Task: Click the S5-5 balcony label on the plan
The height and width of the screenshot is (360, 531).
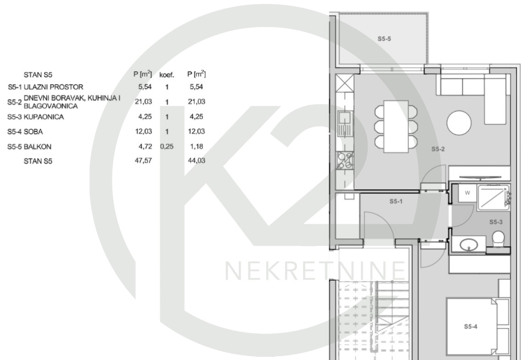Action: [384, 39]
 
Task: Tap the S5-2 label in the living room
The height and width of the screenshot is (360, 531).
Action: [438, 149]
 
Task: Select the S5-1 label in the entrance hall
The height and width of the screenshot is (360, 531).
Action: [396, 201]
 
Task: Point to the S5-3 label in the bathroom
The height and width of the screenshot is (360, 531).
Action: [496, 222]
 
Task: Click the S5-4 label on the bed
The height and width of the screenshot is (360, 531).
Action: [470, 327]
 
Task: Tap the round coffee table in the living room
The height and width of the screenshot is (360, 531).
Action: [459, 123]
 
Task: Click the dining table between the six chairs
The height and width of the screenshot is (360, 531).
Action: [396, 126]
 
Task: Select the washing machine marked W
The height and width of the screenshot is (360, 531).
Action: [467, 193]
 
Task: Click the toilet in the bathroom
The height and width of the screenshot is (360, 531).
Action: [498, 239]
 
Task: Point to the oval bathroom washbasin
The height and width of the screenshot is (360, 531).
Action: [469, 244]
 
